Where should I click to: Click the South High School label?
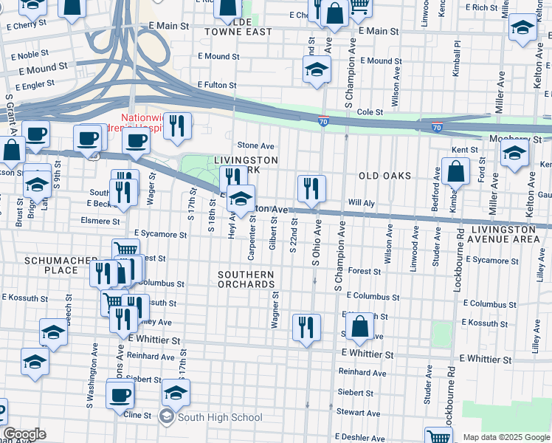point(219,418)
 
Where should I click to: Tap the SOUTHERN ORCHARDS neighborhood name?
point(246,280)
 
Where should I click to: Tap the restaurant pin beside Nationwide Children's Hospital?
point(177,126)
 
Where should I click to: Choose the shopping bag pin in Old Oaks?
point(456,171)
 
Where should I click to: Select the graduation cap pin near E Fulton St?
point(317,70)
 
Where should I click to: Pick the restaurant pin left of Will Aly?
point(311,189)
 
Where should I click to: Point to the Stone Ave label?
point(255,145)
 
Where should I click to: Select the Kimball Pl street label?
point(458,52)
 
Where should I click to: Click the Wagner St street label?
point(275,310)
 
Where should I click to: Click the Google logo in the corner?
point(24,434)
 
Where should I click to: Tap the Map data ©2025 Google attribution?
point(506,437)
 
